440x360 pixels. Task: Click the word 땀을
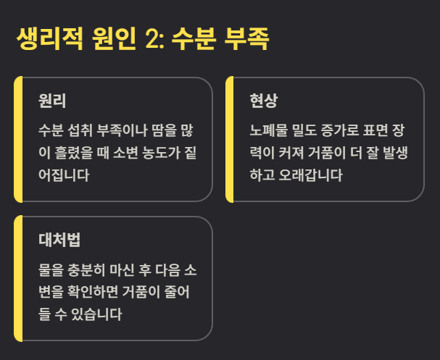[x=163, y=130]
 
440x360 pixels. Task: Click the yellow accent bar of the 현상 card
[x=229, y=138]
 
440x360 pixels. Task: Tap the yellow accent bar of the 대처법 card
[x=18, y=278]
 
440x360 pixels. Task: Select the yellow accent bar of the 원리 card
[x=18, y=138]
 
